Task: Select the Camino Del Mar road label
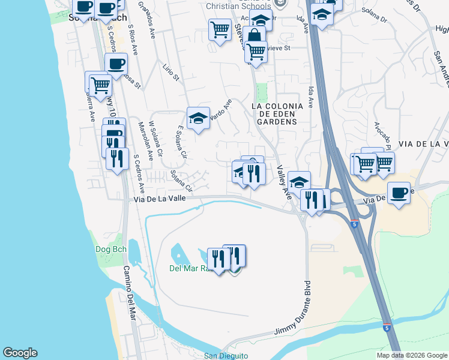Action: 131,300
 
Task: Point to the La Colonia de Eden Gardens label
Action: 274,113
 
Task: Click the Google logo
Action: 20,353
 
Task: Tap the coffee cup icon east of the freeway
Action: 399,193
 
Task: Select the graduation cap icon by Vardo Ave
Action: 197,118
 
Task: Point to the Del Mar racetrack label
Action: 191,268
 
